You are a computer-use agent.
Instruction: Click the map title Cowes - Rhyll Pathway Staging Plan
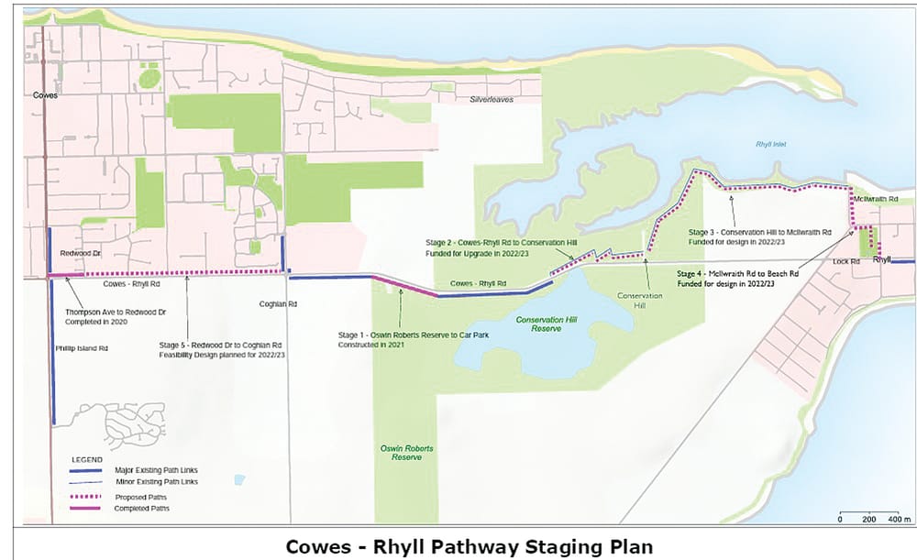470,546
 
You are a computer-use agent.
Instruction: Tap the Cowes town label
45,94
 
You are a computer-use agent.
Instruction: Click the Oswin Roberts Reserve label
407,452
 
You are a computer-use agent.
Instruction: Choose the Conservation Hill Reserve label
537,324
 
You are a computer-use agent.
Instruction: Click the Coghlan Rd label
280,303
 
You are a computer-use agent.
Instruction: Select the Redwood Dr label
79,251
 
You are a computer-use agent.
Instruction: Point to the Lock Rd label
845,261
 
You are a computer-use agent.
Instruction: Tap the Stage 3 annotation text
760,237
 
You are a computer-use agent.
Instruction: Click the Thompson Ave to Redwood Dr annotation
110,317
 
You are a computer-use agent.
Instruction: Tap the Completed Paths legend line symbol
84,508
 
